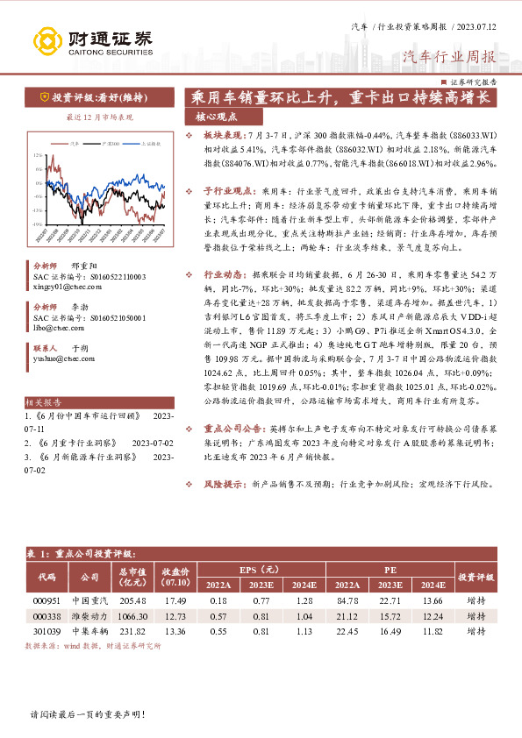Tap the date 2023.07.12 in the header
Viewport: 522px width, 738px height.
[x=474, y=28]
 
